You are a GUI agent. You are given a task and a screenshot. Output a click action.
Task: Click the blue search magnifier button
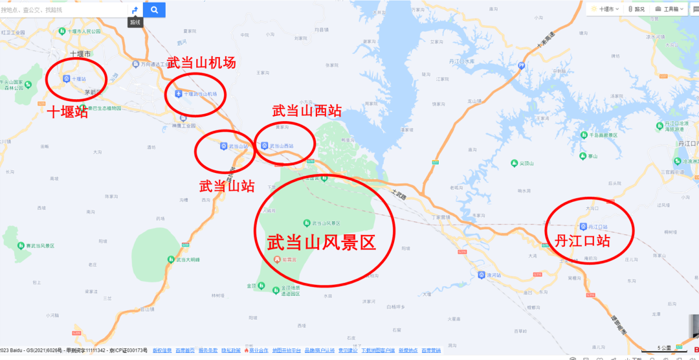tap(155, 10)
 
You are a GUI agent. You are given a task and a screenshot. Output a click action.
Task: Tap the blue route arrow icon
tap(135, 10)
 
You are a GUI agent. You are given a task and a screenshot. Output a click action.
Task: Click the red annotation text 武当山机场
tap(201, 62)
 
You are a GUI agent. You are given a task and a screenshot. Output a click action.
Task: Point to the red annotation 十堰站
tap(67, 112)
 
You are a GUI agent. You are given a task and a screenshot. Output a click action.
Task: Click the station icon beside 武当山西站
tap(264, 146)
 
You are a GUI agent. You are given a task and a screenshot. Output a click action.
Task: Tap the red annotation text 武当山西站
tap(307, 111)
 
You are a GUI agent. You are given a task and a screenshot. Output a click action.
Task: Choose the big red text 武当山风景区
tap(322, 243)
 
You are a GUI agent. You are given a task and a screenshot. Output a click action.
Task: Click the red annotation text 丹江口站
tap(583, 242)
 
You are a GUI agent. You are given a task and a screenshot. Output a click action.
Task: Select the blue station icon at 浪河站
tap(482, 275)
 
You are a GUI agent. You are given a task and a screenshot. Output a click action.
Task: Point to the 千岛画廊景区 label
tap(604, 135)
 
